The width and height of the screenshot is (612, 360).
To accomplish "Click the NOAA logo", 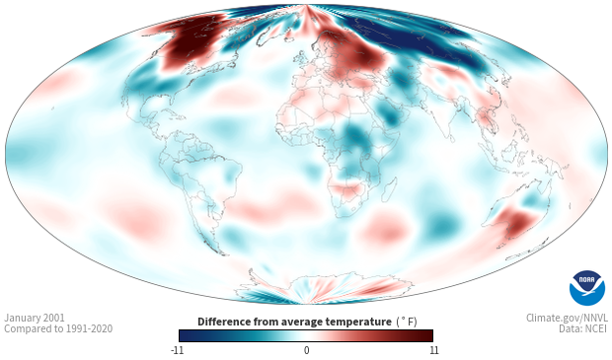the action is tap(587, 288).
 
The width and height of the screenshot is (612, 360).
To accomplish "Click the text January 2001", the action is tap(35, 318).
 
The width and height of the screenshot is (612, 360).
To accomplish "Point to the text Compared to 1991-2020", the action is tap(58, 328).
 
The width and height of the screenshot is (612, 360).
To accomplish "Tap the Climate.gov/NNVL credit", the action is tap(567, 318).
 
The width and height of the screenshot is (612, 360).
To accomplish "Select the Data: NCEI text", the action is tap(583, 328).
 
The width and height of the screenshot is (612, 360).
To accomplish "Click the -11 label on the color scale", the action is tap(177, 350).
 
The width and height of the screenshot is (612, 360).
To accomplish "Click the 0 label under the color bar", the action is tap(306, 350).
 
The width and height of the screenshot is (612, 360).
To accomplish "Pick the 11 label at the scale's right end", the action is tap(433, 350).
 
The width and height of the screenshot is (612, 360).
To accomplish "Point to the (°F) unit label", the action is tap(407, 323).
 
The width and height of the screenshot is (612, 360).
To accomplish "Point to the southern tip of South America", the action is tap(222, 253).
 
